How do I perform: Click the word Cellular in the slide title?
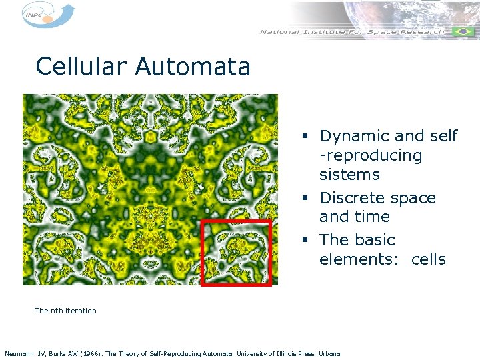pos(82,67)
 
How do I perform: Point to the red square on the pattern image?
pos(237,252)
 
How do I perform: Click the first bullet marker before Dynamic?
pos(304,137)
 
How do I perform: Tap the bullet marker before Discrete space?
pos(304,199)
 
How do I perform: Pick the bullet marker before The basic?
pos(304,240)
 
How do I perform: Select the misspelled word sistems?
pos(349,175)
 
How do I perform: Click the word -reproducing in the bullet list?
pos(371,156)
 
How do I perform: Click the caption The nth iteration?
pos(65,311)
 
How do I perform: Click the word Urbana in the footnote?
pos(329,353)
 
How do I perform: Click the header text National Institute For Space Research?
pos(351,32)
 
